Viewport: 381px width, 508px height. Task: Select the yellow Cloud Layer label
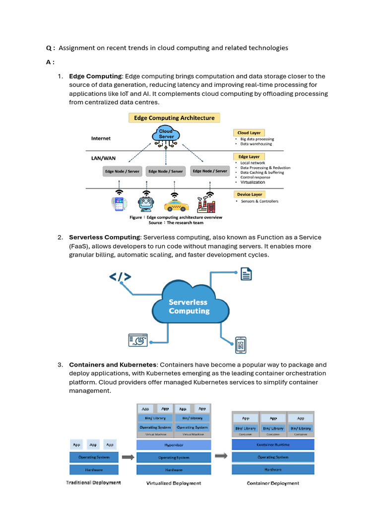point(249,133)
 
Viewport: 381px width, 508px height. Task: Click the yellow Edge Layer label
point(249,157)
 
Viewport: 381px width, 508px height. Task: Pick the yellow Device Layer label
point(250,194)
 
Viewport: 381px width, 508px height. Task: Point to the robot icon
point(146,204)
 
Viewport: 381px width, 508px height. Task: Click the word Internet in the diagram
point(101,138)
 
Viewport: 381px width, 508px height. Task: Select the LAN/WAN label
point(103,158)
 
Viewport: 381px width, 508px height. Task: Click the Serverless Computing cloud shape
point(190,305)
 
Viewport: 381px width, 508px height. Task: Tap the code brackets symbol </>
point(120,277)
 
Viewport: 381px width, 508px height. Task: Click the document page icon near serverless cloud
point(246,274)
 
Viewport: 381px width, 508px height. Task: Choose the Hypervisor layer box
point(174,445)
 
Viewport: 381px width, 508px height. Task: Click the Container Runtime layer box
point(273,444)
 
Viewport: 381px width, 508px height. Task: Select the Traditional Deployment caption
point(93,482)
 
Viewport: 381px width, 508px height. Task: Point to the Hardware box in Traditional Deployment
point(94,469)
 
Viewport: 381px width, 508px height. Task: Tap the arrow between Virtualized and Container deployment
point(221,456)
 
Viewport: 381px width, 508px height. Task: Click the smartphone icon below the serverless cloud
point(241,344)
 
